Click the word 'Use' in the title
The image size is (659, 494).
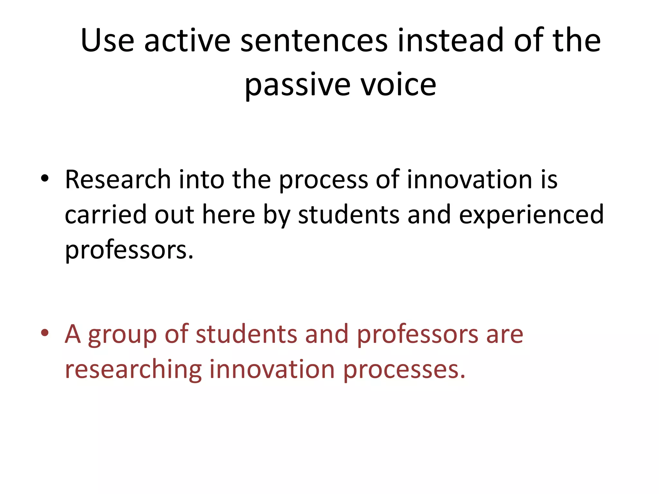point(107,41)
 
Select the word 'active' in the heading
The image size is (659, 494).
point(187,41)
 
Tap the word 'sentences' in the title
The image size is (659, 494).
point(314,41)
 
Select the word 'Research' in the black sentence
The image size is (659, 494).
point(118,179)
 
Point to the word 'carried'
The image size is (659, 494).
point(106,215)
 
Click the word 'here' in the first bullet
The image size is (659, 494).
point(228,215)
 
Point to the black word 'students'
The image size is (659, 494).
point(348,215)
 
